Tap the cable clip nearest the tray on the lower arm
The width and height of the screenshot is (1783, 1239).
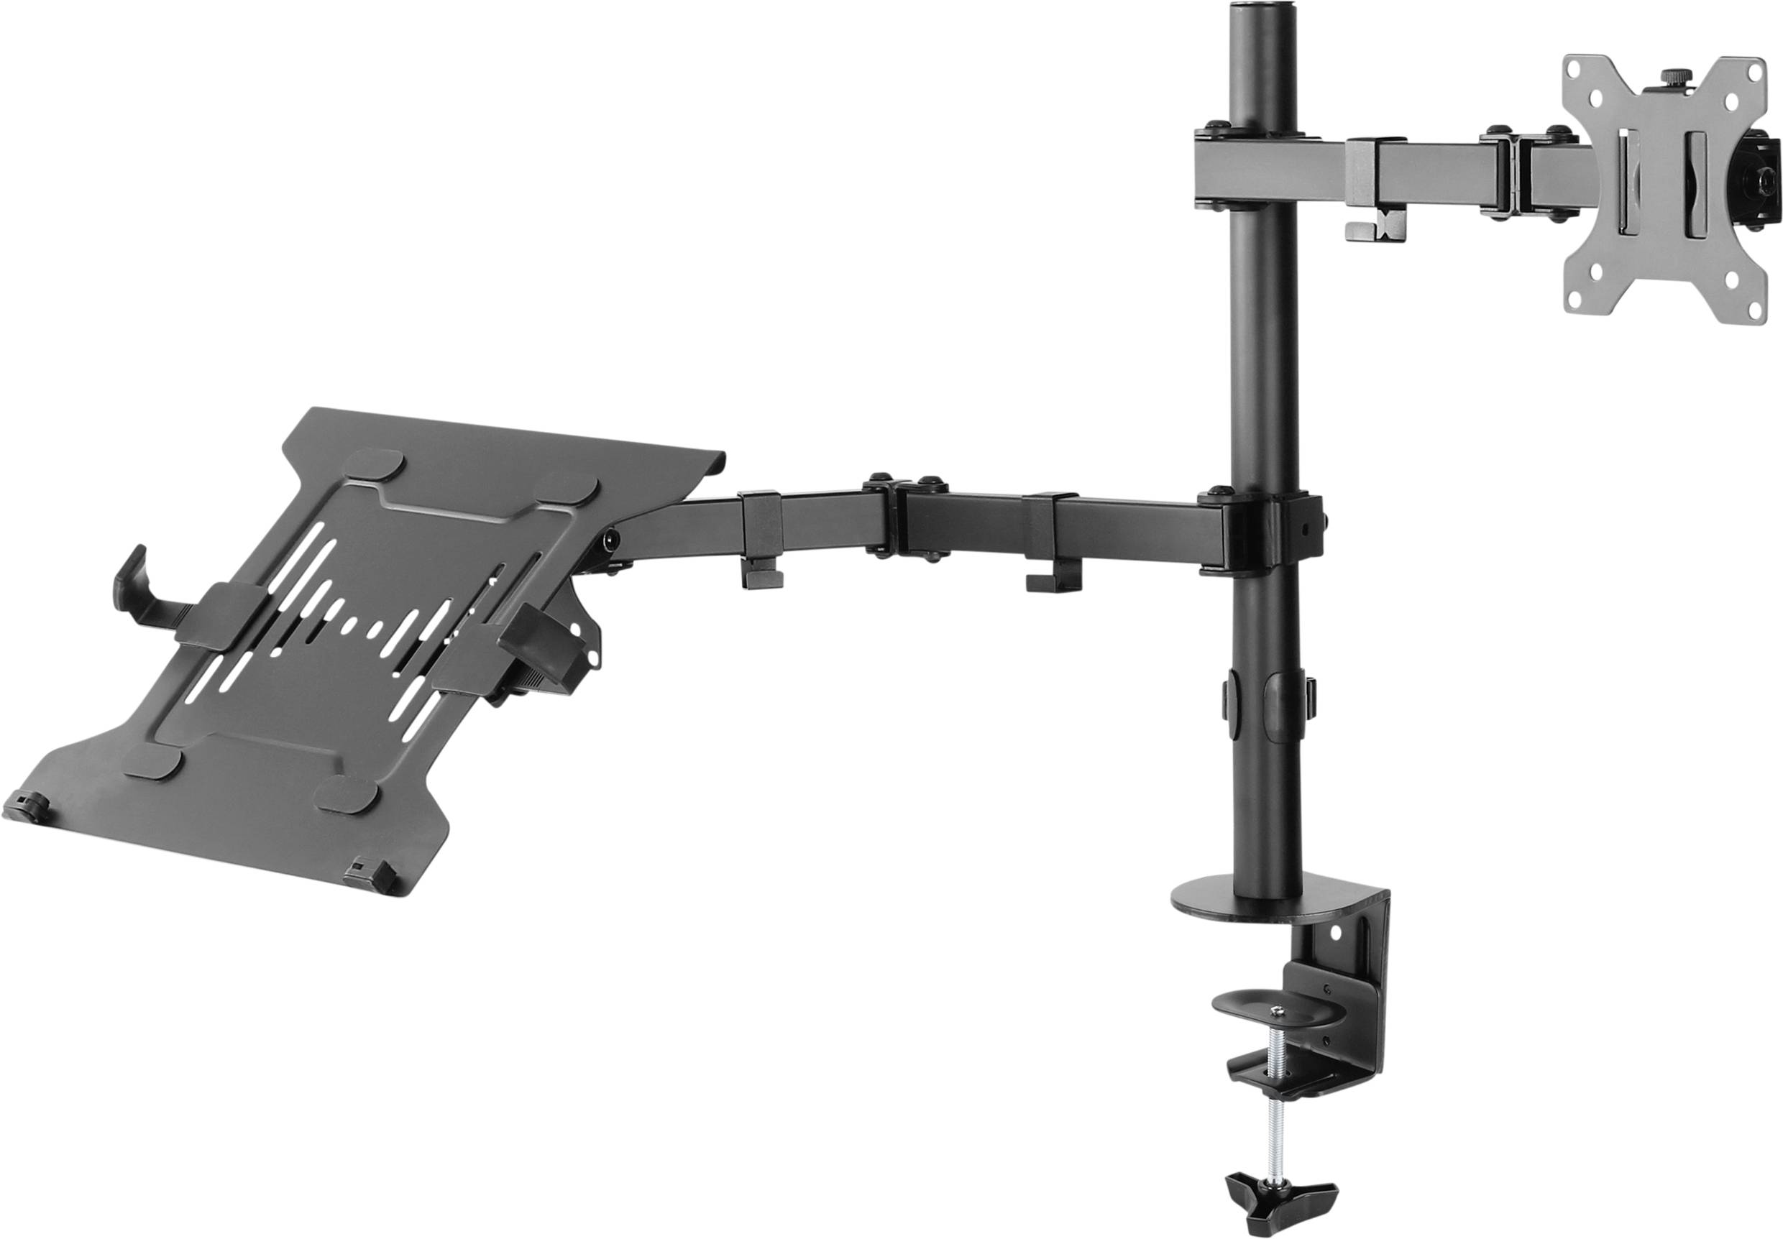coord(761,543)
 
